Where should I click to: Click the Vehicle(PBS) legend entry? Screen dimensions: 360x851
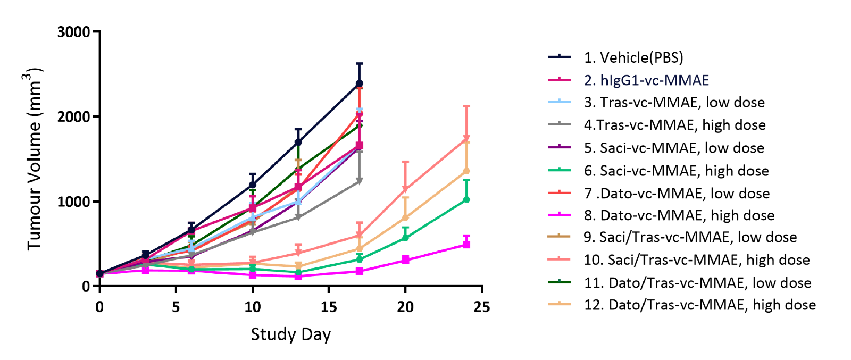[x=633, y=57]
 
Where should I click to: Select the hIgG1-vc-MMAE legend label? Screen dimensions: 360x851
[x=646, y=80]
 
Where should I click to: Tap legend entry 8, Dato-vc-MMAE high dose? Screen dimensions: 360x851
[x=679, y=215]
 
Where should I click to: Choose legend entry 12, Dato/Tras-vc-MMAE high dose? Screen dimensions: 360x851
[x=699, y=305]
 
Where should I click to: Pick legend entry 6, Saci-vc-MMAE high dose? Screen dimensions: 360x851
[x=676, y=171]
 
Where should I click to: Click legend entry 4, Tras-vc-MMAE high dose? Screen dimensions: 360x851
[x=674, y=125]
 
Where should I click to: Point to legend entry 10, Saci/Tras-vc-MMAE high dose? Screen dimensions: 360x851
[x=697, y=260]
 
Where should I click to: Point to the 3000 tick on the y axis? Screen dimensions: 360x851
[x=74, y=32]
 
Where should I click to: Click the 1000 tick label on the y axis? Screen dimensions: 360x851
[x=74, y=202]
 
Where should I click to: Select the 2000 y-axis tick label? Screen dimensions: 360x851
[x=74, y=116]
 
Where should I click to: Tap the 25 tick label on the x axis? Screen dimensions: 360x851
[x=481, y=307]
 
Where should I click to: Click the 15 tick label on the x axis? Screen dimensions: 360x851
[x=329, y=307]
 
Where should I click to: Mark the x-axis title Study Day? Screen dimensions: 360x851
[x=290, y=334]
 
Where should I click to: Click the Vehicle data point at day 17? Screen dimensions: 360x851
[x=360, y=83]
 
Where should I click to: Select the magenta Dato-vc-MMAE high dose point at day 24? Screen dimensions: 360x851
[x=466, y=245]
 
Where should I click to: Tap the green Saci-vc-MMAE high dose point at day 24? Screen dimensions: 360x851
[x=466, y=199]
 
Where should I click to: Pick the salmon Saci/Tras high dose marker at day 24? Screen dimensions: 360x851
[x=466, y=139]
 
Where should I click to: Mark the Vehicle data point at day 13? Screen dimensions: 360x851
[x=298, y=142]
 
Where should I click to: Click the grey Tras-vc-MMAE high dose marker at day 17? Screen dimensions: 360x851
[x=360, y=181]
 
